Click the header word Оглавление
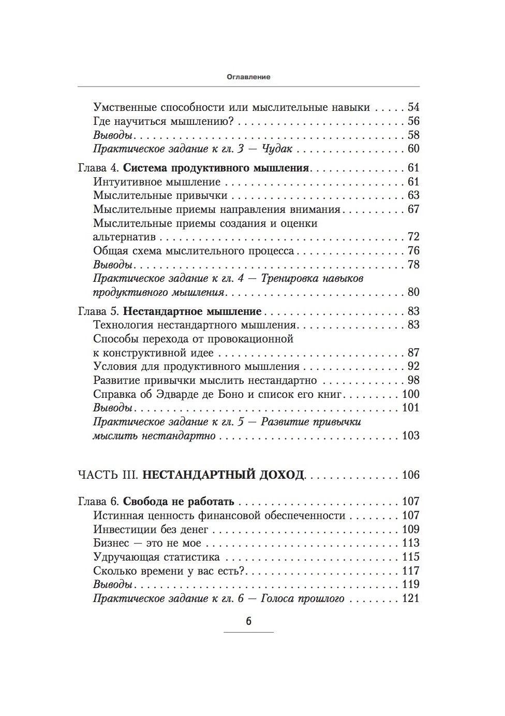[x=248, y=77]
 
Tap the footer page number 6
[x=248, y=621]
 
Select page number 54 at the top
[x=413, y=107]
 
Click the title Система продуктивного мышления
[x=217, y=168]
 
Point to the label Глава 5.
[x=98, y=311]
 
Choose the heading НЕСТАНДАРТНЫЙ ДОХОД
[x=223, y=475]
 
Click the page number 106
[x=410, y=475]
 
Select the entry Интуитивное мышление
[x=157, y=182]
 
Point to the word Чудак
[x=278, y=149]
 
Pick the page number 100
[x=410, y=394]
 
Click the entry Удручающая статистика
[x=156, y=557]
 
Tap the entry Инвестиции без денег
[x=151, y=529]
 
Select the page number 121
[x=410, y=599]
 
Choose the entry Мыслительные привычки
[x=160, y=196]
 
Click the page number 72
[x=413, y=237]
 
